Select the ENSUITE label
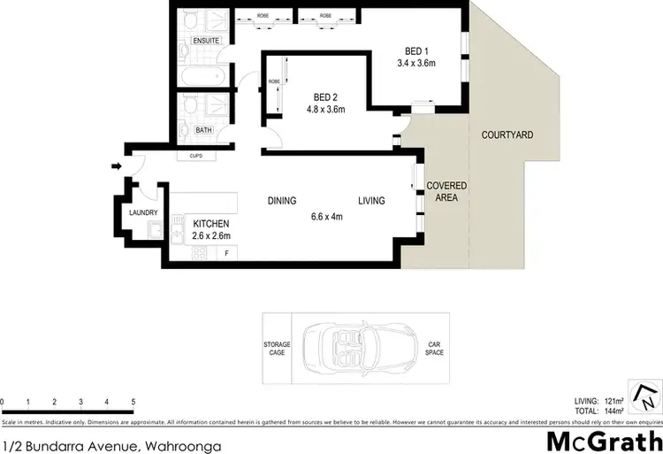tap(205, 40)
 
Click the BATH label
tap(204, 130)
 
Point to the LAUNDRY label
tap(143, 212)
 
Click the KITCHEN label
tap(211, 224)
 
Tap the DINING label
tap(282, 201)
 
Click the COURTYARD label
tap(507, 135)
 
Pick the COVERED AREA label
tap(446, 192)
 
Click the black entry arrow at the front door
tap(116, 165)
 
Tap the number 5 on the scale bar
tap(133, 402)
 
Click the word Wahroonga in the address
tap(182, 447)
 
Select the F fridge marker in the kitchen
tap(226, 254)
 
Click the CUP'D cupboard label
tap(195, 157)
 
